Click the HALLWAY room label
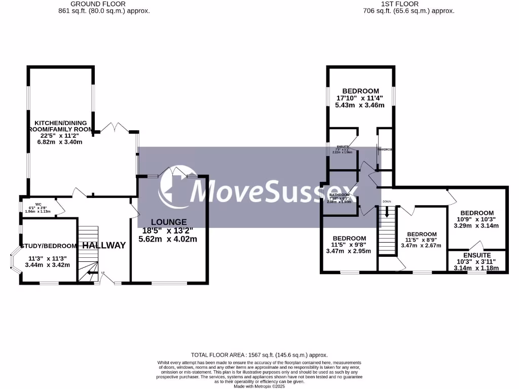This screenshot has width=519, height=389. pyautogui.click(x=104, y=246)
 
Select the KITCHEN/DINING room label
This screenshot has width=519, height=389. pyautogui.click(x=60, y=123)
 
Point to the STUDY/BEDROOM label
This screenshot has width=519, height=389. pyautogui.click(x=49, y=246)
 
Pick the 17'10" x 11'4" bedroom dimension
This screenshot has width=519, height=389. pyautogui.click(x=359, y=98)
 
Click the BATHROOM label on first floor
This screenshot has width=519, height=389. pyautogui.click(x=339, y=195)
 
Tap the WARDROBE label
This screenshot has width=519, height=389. pyautogui.click(x=385, y=150)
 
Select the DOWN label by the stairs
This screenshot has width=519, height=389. pyautogui.click(x=387, y=202)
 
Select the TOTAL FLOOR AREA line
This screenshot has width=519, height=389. pyautogui.click(x=259, y=355)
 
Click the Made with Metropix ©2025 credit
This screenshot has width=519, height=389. pyautogui.click(x=259, y=386)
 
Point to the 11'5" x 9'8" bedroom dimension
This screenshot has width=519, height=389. pyautogui.click(x=349, y=245)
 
